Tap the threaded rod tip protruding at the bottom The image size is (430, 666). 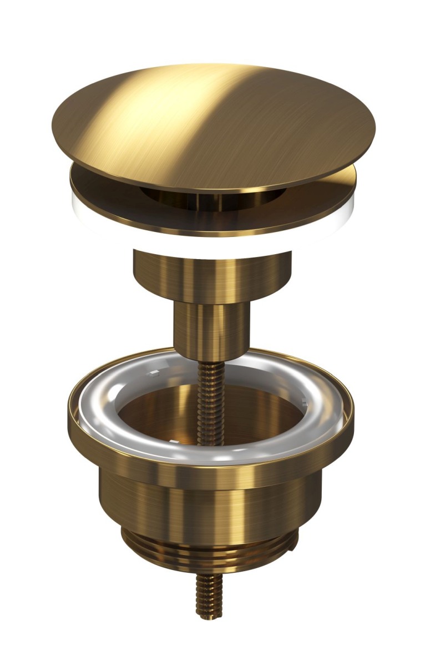(x=209, y=597)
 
